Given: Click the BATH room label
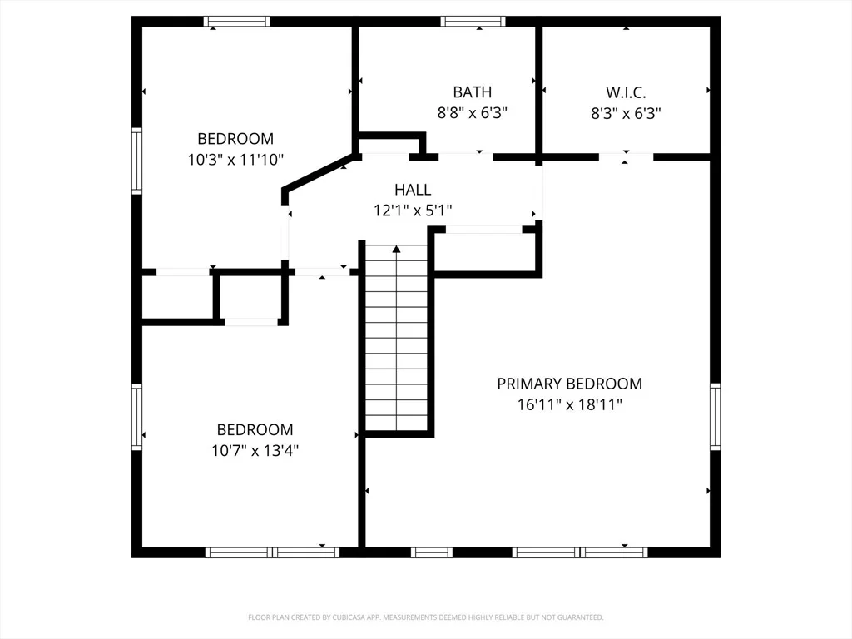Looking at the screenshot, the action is tap(473, 92).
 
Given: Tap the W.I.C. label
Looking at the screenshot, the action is tap(626, 92).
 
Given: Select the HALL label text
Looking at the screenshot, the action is tap(413, 190).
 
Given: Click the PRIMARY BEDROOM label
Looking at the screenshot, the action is tap(569, 384).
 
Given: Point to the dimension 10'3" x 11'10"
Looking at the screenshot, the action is tap(235, 160).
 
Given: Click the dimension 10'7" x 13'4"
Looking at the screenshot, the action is tap(255, 450).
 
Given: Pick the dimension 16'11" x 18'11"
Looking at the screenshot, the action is tap(569, 405).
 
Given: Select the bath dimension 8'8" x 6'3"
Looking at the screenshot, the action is tap(473, 113).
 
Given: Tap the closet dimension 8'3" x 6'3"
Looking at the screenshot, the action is tap(626, 113).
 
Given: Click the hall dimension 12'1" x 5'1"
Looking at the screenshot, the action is tap(413, 211).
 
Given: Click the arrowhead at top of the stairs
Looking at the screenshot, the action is tap(397, 249).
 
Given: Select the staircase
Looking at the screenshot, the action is tap(396, 338).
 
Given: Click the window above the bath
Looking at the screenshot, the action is tap(473, 21).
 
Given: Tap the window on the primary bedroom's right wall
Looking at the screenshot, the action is tap(715, 417).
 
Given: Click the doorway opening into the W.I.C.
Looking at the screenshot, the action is tap(626, 157).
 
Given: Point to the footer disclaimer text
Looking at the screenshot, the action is tap(425, 617).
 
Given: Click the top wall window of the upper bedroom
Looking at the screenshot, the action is tap(237, 21).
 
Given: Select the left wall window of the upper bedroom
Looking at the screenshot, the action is tap(137, 161).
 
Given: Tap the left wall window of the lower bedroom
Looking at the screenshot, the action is tap(137, 417).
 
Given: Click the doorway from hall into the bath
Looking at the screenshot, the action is tap(466, 157).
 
